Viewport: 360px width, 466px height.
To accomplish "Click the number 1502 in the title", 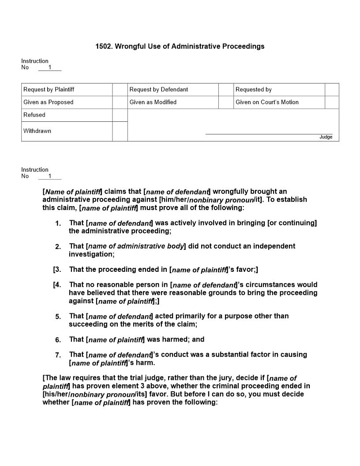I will (103, 46).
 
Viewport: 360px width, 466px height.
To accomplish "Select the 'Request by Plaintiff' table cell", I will (49, 90).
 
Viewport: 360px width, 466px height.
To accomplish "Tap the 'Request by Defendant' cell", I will (158, 90).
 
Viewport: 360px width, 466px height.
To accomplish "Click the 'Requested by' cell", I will (253, 90).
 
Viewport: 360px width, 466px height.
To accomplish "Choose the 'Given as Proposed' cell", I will (48, 102).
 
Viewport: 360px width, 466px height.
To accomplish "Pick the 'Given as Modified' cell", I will (153, 102).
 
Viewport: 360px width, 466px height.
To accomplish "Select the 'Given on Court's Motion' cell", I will (267, 102).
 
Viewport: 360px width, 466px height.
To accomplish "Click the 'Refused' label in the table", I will (34, 115).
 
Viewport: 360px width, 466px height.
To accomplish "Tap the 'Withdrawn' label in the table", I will (37, 131).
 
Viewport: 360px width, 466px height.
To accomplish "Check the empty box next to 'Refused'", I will (120, 115).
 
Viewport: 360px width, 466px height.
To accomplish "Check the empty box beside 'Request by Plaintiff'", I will (120, 90).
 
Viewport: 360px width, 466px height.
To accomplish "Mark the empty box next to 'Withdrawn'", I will (120, 132).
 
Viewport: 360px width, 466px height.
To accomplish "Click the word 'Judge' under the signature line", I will (326, 137).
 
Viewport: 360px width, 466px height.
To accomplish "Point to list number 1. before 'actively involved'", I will (58, 224).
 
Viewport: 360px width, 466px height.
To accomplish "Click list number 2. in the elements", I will (58, 247).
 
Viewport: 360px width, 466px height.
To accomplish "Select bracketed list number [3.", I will (57, 270).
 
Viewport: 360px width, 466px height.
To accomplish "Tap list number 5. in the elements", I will (58, 317).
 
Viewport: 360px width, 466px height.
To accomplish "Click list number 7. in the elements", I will (58, 355).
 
